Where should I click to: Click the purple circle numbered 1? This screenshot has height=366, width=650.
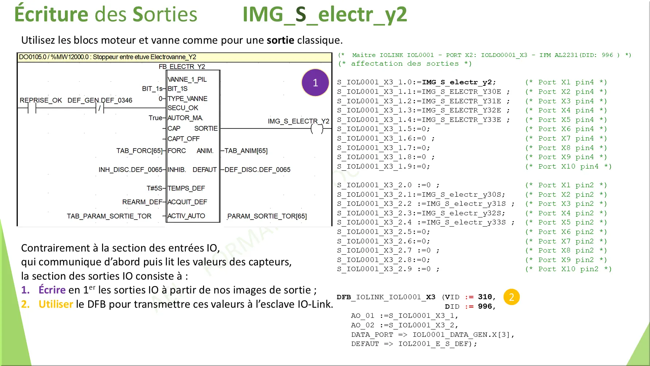(x=315, y=82)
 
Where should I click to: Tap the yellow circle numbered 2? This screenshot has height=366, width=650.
(x=511, y=297)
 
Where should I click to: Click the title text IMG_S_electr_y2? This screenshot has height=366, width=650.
(x=325, y=15)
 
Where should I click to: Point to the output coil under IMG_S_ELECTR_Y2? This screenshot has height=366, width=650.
(x=317, y=128)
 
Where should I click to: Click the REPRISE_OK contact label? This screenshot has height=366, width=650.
(x=41, y=100)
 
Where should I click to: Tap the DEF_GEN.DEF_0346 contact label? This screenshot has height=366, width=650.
(x=100, y=100)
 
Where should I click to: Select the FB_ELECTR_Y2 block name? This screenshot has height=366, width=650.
(x=182, y=66)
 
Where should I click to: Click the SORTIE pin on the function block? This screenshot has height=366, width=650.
(x=206, y=128)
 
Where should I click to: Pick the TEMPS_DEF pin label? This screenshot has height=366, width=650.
(x=186, y=188)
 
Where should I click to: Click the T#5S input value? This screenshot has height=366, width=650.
(x=154, y=188)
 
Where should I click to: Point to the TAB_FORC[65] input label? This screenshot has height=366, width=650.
(x=139, y=151)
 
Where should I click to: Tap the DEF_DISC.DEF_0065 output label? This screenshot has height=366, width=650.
(x=257, y=170)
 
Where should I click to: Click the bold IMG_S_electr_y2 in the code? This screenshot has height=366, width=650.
(x=457, y=82)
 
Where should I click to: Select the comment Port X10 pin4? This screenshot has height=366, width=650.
(x=568, y=166)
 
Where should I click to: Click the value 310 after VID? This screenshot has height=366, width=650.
(x=485, y=297)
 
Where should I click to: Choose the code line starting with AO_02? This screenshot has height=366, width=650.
(x=405, y=325)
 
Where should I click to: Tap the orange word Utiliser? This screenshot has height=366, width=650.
(x=56, y=304)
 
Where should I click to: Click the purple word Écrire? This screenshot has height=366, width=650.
(x=52, y=290)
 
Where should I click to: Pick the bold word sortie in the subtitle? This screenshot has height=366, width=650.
(x=280, y=40)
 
